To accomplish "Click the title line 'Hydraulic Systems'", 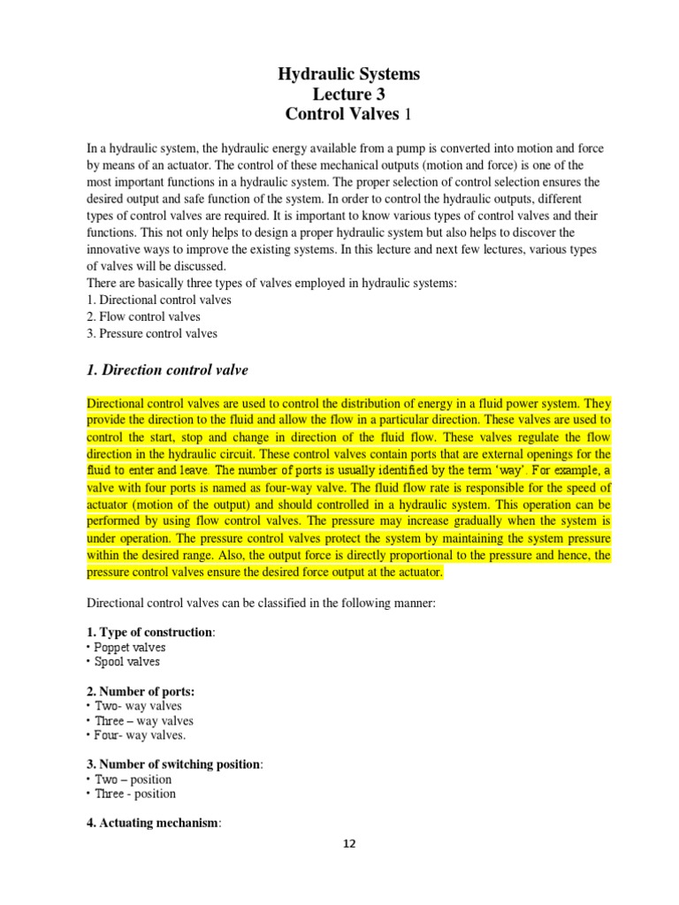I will pos(349,74).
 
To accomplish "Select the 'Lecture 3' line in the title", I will pos(349,94).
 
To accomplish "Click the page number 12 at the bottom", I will pos(349,844).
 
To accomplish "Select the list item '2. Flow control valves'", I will pos(143,316).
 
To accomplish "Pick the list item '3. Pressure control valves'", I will pos(152,333).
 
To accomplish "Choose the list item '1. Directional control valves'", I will pos(159,300).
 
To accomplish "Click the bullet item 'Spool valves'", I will pos(128,662).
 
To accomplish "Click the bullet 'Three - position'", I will pos(134,794).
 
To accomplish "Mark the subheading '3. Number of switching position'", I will pos(173,764).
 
